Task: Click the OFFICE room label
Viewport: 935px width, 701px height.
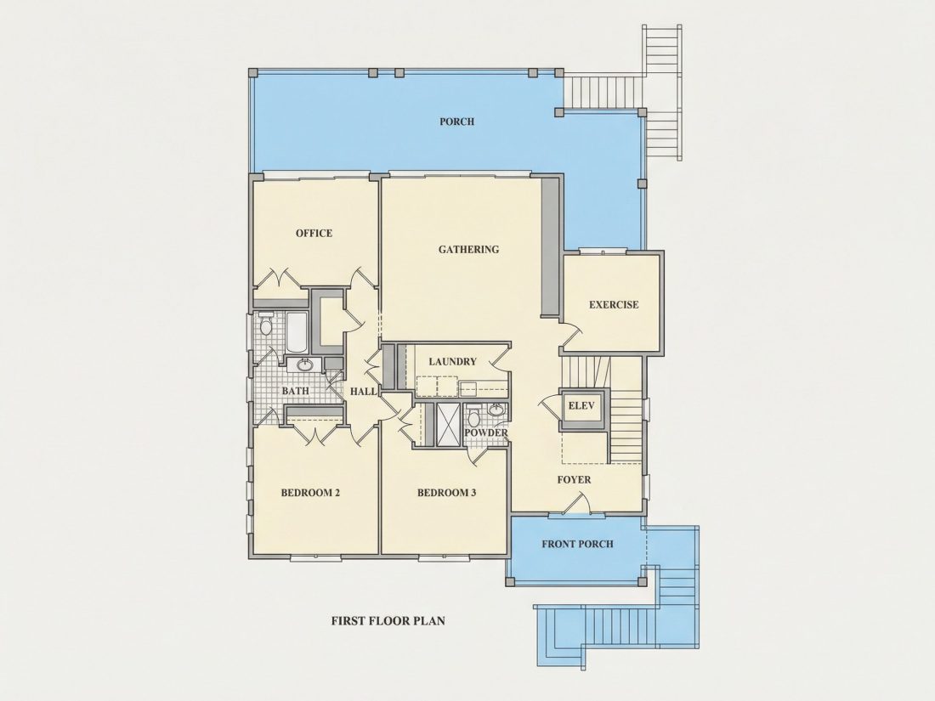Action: pyautogui.click(x=314, y=233)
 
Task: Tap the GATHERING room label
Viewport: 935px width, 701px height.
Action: pyautogui.click(x=468, y=249)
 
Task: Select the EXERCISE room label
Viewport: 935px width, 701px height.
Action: pyautogui.click(x=614, y=304)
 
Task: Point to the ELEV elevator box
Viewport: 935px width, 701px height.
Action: pyautogui.click(x=581, y=409)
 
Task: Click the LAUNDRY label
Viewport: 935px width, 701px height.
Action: pyautogui.click(x=452, y=361)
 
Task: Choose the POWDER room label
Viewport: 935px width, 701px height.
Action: pyautogui.click(x=486, y=432)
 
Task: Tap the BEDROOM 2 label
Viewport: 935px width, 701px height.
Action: pyautogui.click(x=310, y=493)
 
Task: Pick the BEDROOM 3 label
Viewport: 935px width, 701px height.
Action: pyautogui.click(x=446, y=493)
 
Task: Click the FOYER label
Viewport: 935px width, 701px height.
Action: pyautogui.click(x=575, y=480)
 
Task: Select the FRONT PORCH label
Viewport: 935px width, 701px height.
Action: pyautogui.click(x=577, y=544)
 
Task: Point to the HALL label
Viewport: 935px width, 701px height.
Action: pyautogui.click(x=363, y=392)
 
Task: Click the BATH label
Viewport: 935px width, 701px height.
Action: pyautogui.click(x=295, y=391)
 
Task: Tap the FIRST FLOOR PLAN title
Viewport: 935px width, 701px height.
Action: pyautogui.click(x=388, y=620)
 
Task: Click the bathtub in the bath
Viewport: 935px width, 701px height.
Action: pyautogui.click(x=297, y=332)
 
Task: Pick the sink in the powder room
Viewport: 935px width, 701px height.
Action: pyautogui.click(x=496, y=410)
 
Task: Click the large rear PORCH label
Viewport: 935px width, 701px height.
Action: pyautogui.click(x=456, y=122)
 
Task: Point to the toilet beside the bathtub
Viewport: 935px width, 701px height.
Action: pyautogui.click(x=266, y=324)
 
